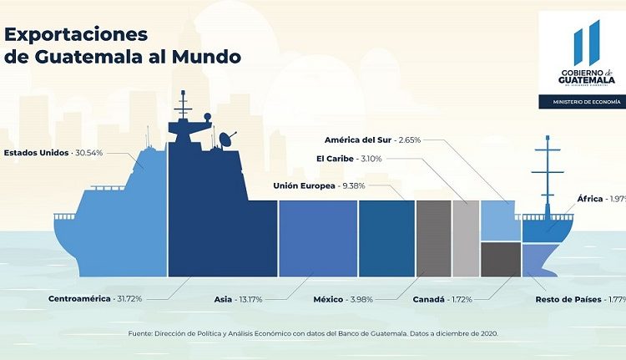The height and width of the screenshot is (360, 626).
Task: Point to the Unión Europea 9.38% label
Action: [x=320, y=185]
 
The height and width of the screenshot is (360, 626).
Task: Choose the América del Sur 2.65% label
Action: [x=372, y=139]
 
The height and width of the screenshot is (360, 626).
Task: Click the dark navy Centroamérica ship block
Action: [x=220, y=226]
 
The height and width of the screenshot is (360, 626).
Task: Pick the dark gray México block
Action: [x=433, y=238]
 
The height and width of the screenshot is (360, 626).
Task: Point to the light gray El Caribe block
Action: [x=466, y=238]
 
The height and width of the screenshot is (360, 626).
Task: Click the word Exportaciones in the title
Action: [x=77, y=33]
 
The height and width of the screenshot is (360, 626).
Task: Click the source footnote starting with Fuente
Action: [x=312, y=334]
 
